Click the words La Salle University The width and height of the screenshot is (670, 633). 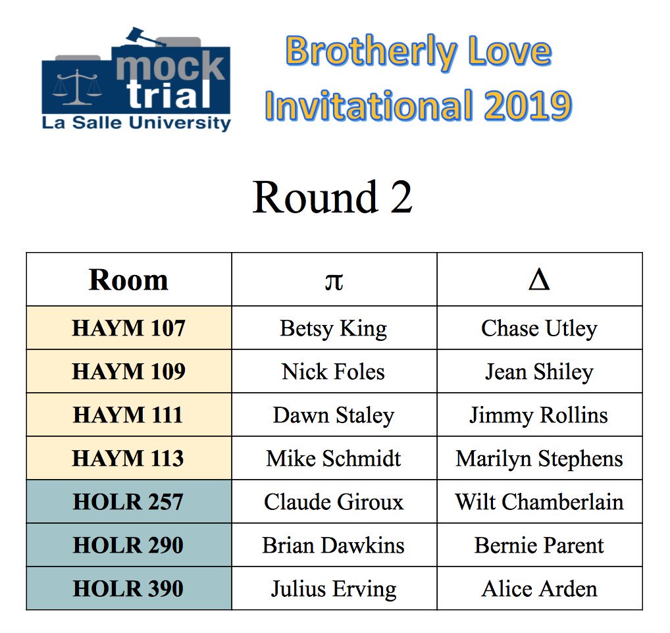(136, 123)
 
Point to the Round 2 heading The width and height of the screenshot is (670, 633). (332, 197)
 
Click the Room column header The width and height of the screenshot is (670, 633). (128, 280)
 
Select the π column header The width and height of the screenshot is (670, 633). (334, 280)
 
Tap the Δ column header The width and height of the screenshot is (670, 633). (539, 280)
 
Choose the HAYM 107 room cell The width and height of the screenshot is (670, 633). (128, 328)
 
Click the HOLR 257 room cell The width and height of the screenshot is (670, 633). (128, 502)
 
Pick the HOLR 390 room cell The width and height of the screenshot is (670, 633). (128, 588)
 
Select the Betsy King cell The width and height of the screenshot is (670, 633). (334, 328)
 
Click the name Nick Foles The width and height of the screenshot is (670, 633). (334, 372)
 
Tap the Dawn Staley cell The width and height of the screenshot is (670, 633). (334, 415)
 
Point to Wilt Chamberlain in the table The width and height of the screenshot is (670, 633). (539, 502)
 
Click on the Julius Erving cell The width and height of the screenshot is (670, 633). (334, 588)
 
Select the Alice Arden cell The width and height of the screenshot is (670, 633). (539, 588)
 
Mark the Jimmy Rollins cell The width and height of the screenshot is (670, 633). (539, 415)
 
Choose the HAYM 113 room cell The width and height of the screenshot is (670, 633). (128, 459)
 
